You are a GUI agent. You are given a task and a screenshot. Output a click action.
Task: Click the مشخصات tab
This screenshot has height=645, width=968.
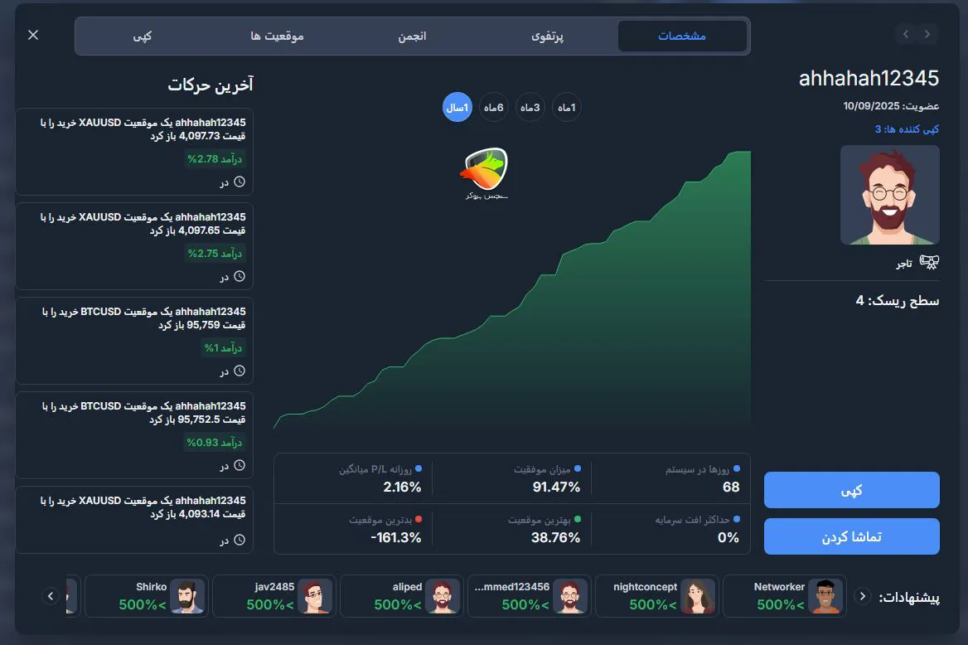(682, 36)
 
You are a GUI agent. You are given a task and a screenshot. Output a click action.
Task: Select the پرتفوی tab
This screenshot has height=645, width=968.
(547, 36)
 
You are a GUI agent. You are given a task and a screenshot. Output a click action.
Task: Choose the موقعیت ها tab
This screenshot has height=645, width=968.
(277, 36)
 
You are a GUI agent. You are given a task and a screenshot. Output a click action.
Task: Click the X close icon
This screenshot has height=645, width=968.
(33, 35)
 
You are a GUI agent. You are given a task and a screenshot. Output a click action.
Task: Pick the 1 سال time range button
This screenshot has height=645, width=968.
(457, 107)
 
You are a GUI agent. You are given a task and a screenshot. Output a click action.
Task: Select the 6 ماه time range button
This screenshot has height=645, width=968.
(494, 107)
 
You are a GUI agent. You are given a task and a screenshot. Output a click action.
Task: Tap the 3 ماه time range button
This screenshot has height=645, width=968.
(530, 107)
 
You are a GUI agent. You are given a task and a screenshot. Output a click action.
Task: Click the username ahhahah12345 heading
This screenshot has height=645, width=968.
(869, 79)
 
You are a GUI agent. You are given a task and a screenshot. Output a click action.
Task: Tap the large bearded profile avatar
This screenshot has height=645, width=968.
(889, 195)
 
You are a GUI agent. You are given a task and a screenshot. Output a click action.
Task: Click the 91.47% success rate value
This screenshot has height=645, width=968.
(556, 487)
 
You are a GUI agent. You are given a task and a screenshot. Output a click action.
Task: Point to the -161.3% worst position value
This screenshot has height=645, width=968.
(396, 538)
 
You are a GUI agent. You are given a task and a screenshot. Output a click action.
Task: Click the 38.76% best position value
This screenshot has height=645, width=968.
(556, 538)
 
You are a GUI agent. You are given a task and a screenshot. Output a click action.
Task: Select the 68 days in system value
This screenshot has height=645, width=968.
(731, 487)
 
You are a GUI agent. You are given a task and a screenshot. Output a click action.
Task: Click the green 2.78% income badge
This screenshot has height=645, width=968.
(215, 159)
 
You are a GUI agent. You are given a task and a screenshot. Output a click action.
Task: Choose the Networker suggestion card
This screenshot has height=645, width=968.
(784, 596)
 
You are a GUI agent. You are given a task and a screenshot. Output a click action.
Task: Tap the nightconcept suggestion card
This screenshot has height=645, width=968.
(656, 596)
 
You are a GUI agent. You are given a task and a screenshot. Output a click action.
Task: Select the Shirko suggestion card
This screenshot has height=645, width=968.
(146, 596)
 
